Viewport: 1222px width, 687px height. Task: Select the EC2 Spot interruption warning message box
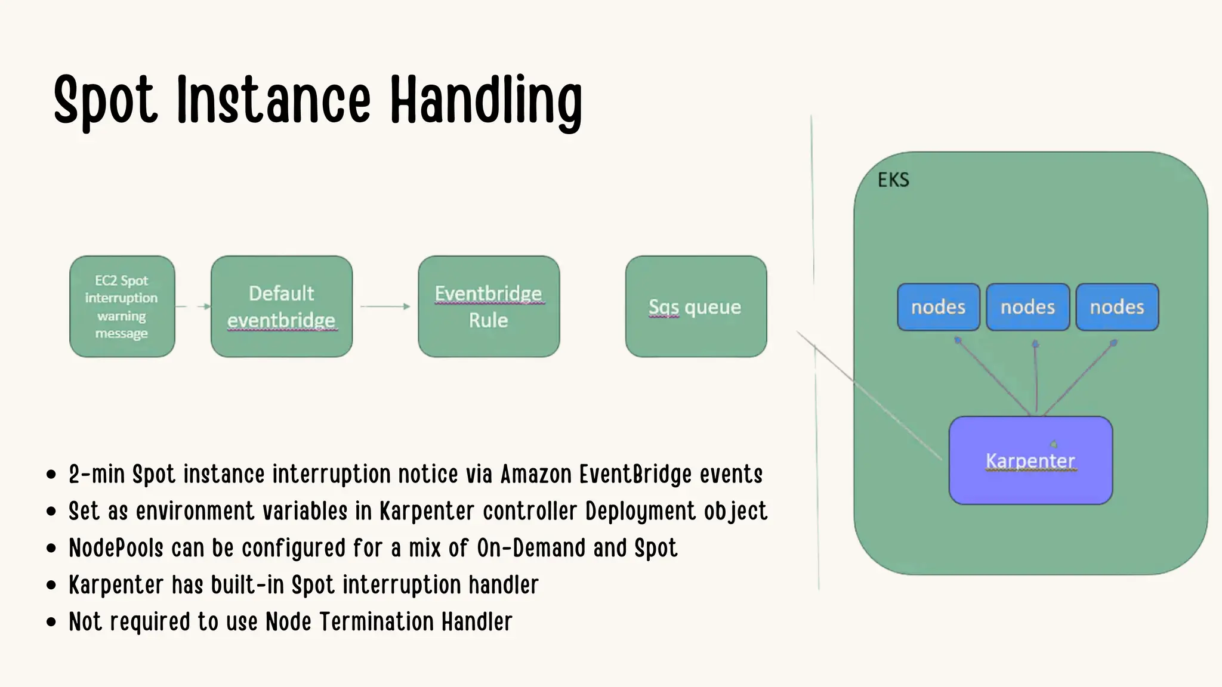122,307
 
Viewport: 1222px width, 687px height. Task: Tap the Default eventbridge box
281,307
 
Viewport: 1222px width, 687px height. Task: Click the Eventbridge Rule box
488,307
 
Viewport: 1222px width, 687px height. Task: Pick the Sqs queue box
695,307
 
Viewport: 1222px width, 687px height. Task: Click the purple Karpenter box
1030,460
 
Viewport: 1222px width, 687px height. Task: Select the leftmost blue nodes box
938,307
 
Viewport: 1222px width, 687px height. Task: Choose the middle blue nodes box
1027,307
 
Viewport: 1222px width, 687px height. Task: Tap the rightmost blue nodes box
1116,307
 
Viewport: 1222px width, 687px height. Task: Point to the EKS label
893,180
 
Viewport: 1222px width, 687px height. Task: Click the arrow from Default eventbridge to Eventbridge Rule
385,307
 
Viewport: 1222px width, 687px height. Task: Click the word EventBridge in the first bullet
635,475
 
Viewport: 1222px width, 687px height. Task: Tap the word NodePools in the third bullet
116,548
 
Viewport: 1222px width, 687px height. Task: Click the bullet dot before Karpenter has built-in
51,586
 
